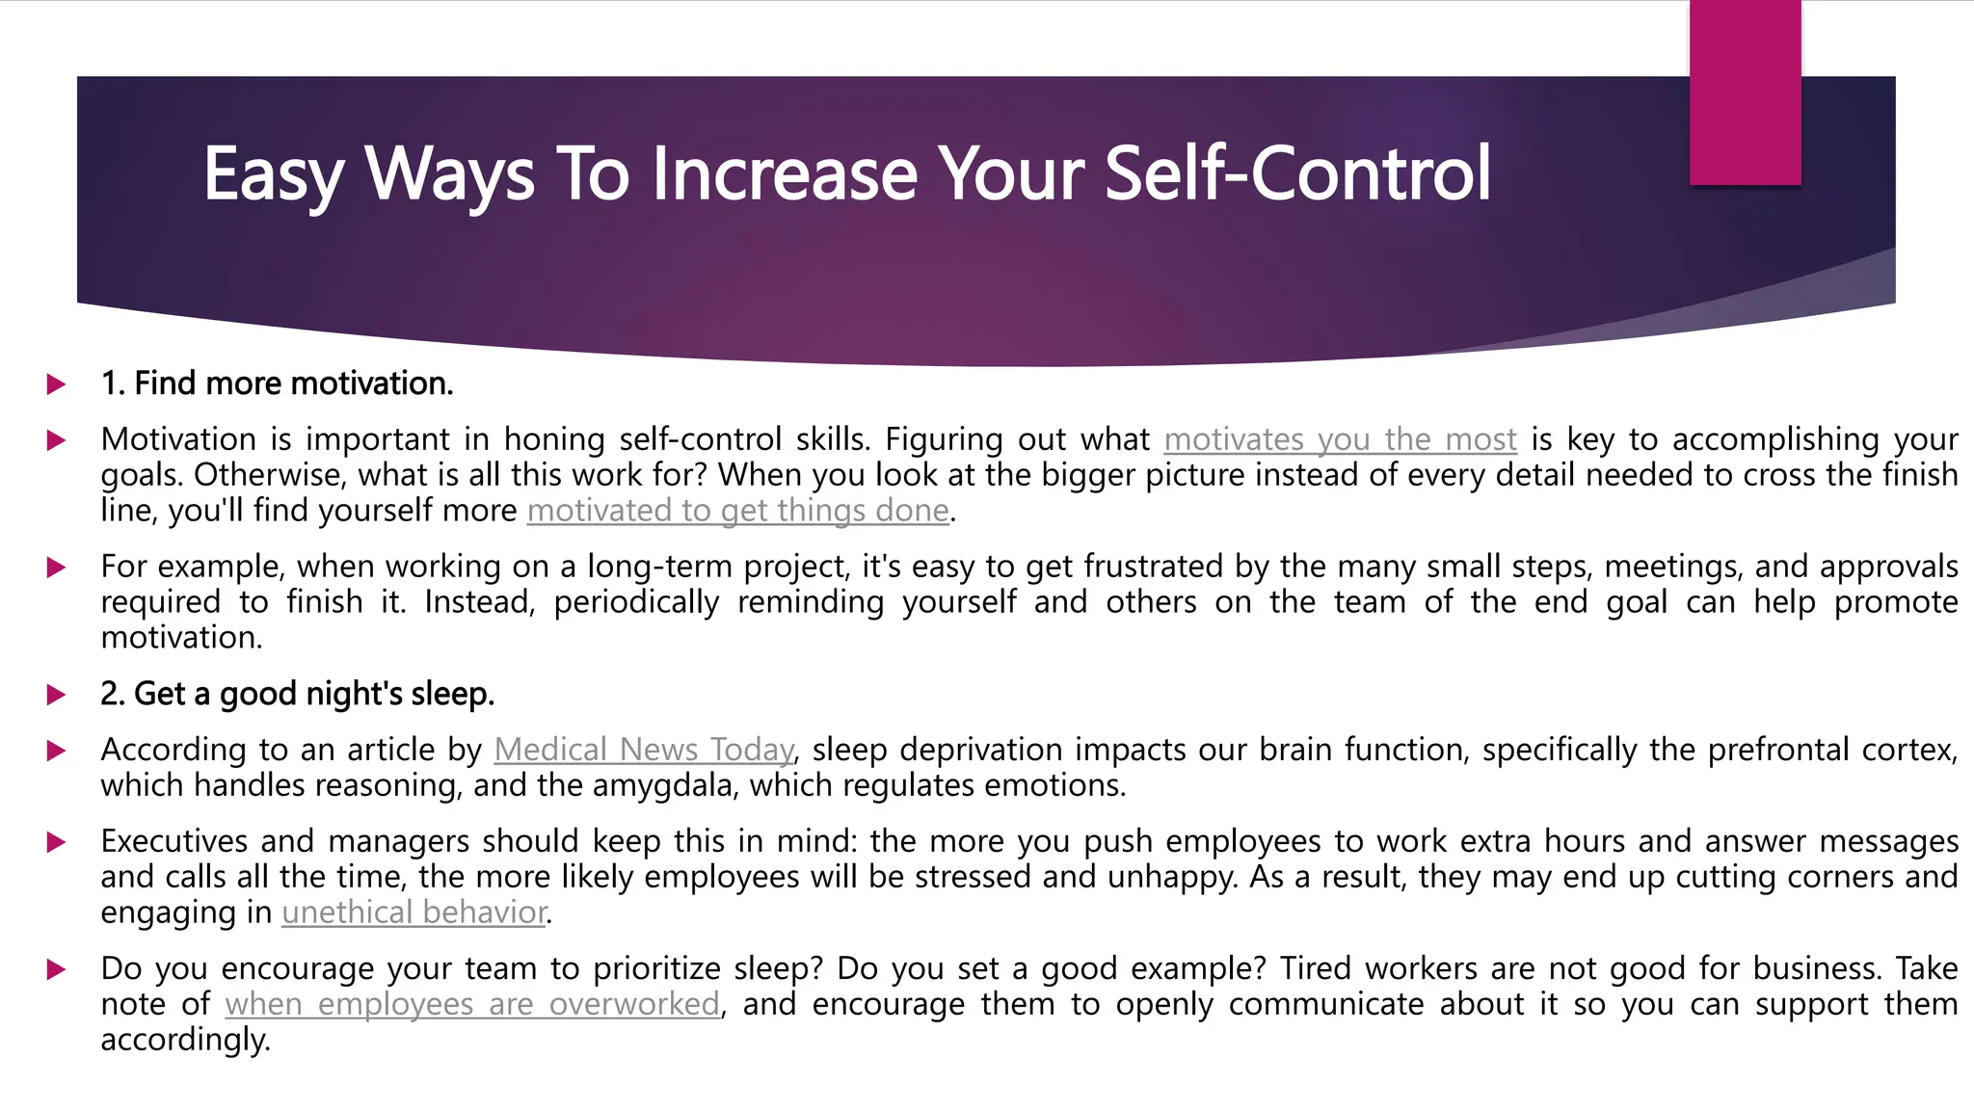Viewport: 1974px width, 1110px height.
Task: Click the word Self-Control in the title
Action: click(1297, 173)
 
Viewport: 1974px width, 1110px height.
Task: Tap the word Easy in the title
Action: click(273, 175)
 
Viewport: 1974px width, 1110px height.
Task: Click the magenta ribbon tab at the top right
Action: click(1745, 92)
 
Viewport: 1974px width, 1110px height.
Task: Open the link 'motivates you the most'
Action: click(1340, 439)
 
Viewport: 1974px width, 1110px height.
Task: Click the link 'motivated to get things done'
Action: click(737, 511)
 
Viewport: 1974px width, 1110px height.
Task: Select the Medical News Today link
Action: click(644, 750)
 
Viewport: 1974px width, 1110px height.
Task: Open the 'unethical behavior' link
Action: click(414, 912)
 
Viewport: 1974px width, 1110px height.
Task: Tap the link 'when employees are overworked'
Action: click(472, 1004)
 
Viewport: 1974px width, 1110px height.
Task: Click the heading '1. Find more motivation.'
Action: click(277, 383)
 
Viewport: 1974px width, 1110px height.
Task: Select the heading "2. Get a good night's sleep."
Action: click(297, 694)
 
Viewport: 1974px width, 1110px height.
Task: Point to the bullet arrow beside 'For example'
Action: click(57, 568)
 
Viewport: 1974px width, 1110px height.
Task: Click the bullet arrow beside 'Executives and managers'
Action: click(57, 842)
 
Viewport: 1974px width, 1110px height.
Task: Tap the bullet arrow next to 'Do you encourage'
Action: click(57, 969)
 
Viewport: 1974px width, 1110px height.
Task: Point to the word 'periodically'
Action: click(636, 602)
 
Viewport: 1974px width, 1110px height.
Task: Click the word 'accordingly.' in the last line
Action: click(185, 1040)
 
